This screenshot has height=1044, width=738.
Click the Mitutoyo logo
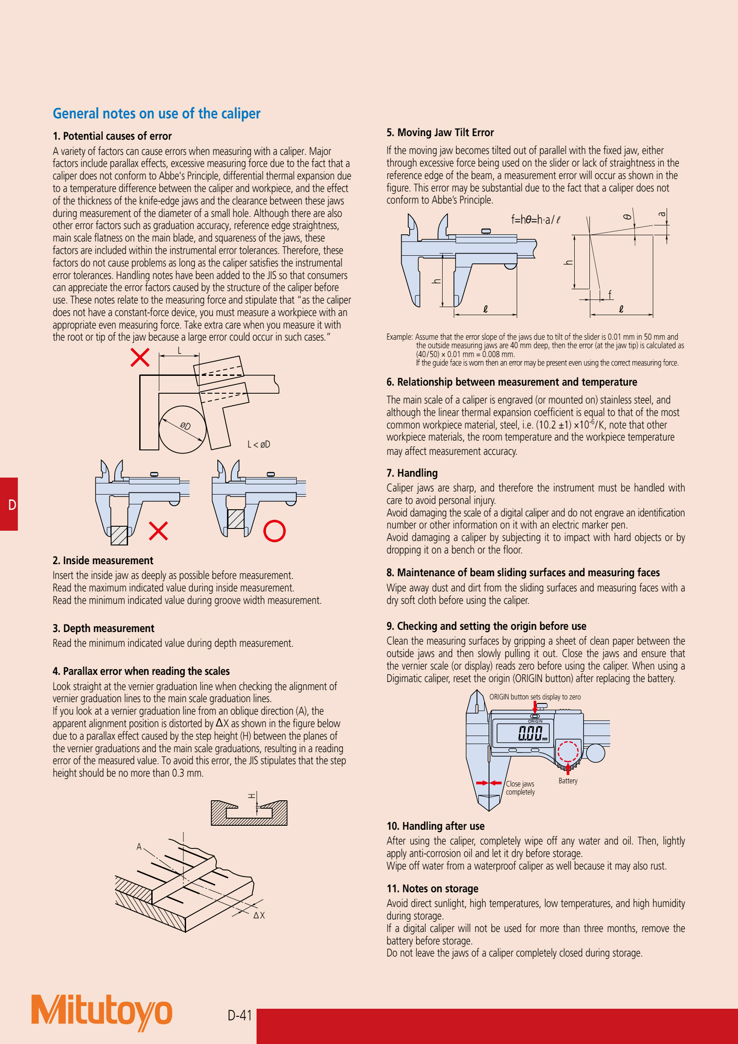click(101, 1012)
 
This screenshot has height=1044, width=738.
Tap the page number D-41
click(240, 1015)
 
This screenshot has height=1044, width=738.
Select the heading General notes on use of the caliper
click(156, 113)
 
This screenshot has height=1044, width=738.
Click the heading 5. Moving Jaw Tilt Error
click(439, 132)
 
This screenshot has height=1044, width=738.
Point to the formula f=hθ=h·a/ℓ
click(535, 220)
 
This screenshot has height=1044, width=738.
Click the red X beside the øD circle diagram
click(140, 358)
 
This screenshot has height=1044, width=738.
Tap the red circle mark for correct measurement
click(274, 531)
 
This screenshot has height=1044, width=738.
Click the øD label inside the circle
click(185, 426)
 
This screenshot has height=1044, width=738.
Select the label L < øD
click(259, 444)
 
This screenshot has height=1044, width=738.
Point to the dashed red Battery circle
click(568, 751)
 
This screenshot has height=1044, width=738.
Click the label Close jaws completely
click(520, 787)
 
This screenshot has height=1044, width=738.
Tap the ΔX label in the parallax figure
click(259, 915)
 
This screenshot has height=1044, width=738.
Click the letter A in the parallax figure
click(139, 847)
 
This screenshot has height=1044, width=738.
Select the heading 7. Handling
click(412, 473)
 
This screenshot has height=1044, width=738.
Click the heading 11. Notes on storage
click(432, 889)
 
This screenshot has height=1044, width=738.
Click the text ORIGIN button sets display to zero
click(535, 697)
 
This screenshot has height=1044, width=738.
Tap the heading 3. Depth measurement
click(103, 628)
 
